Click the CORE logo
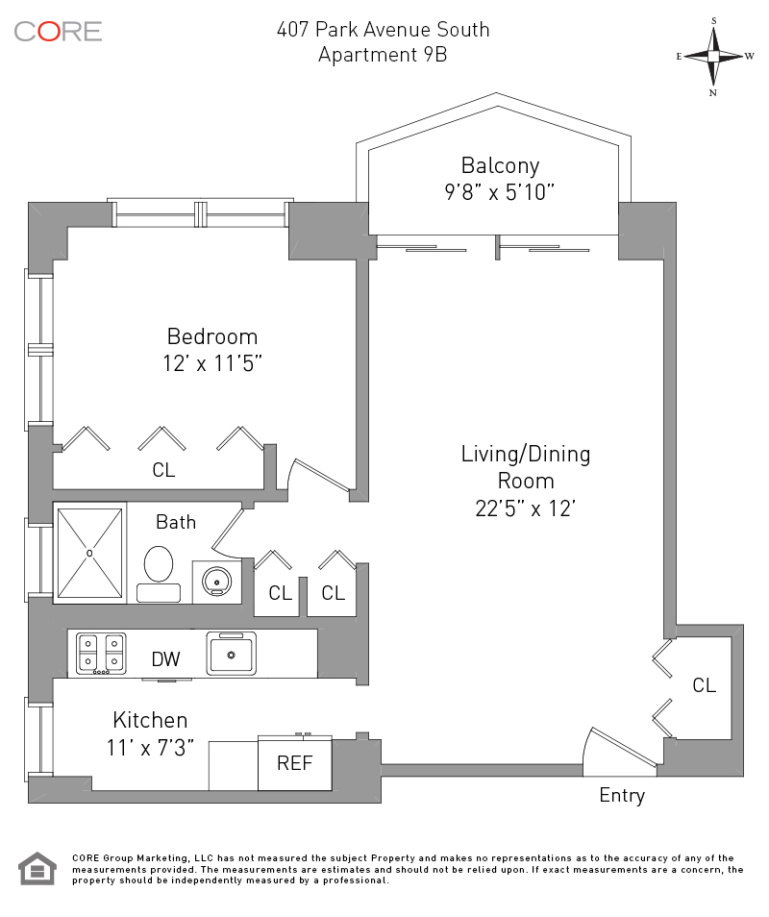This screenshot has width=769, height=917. point(58,31)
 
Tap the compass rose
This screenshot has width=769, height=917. point(714,56)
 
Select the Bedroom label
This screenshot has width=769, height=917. point(212,336)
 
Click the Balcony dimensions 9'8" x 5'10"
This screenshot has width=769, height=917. point(494,191)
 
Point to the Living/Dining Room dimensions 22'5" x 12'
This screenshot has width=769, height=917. point(525,508)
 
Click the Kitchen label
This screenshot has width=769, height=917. point(150,720)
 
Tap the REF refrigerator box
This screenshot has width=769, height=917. point(294,764)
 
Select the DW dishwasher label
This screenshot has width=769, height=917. point(165,659)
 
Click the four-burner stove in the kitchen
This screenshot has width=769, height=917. point(101,652)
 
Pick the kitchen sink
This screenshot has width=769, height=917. point(231,654)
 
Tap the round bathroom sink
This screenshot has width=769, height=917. point(216,581)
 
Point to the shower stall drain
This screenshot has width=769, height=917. point(89,553)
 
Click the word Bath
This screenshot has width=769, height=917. point(176,522)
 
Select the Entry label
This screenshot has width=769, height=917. point(622,795)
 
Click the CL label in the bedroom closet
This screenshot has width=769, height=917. point(163,470)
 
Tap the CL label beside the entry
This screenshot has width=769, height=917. point(705,684)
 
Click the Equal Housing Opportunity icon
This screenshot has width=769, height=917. point(37,868)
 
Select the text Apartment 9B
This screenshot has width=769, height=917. point(383,54)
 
